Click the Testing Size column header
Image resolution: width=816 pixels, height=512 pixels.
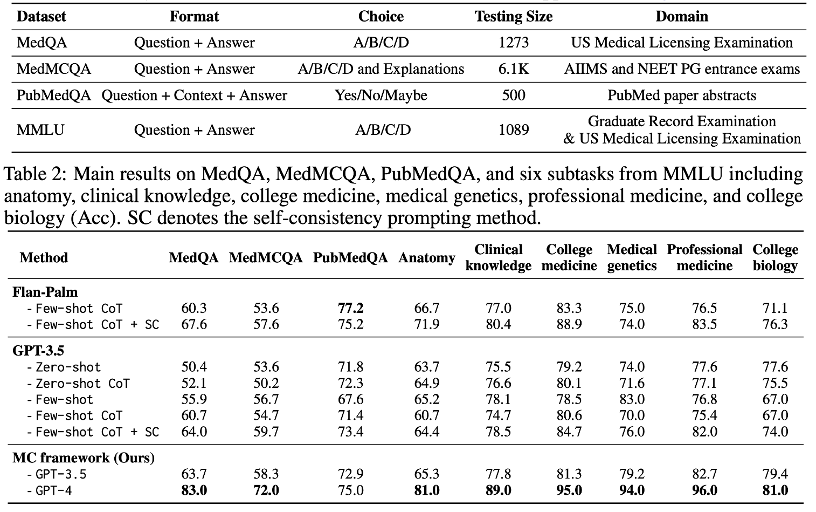513,16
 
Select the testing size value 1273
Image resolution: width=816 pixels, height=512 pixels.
513,43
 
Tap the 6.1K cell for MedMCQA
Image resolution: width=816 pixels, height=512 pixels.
513,69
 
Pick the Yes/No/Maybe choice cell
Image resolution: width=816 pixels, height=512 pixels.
381,95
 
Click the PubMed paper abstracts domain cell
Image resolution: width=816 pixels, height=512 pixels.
682,95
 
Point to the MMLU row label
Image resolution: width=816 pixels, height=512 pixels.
40,130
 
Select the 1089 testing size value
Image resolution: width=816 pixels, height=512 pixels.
513,130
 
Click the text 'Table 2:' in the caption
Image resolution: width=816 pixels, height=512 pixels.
36,174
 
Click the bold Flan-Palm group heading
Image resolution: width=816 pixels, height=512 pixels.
45,292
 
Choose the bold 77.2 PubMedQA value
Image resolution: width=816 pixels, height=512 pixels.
350,309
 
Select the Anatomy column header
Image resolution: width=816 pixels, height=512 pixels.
426,258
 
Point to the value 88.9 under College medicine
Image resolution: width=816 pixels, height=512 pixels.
569,325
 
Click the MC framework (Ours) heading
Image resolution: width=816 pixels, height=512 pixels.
84,458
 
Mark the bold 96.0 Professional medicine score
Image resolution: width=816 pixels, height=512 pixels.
704,490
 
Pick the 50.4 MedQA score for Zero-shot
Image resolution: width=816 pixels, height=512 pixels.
194,367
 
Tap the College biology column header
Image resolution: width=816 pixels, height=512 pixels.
775,257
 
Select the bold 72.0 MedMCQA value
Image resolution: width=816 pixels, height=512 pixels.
266,490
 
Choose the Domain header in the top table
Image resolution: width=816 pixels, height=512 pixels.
682,16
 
